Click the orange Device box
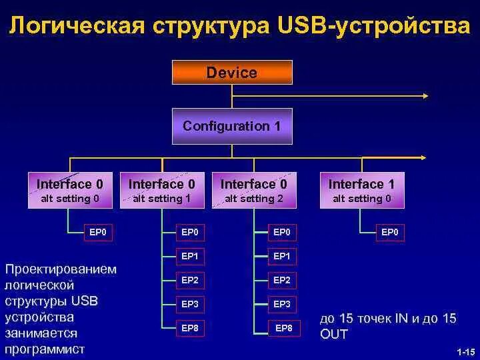[232, 72]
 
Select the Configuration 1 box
[232, 126]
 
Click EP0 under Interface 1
[389, 233]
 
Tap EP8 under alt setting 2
[284, 328]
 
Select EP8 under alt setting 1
[190, 327]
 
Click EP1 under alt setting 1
[190, 256]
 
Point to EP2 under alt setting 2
[282, 280]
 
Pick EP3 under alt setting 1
[190, 304]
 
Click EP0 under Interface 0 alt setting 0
[98, 233]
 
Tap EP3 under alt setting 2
[282, 304]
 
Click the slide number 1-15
[465, 351]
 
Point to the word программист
[45, 349]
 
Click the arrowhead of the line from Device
[425, 95]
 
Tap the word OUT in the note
[334, 334]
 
